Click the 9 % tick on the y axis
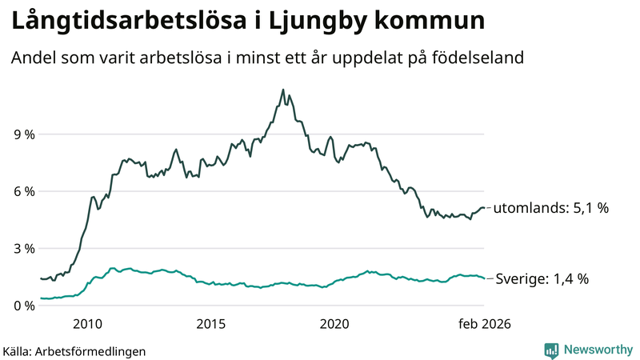(23, 134)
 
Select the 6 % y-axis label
(23, 191)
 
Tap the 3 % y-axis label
(23, 249)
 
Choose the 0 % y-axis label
(23, 306)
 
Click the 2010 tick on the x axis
(87, 324)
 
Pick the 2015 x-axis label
(211, 324)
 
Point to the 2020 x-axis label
(334, 324)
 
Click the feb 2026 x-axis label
(484, 324)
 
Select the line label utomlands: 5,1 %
(551, 208)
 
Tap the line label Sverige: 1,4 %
(541, 279)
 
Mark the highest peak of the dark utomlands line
(282, 90)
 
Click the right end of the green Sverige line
(484, 278)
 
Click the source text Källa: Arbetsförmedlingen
(74, 350)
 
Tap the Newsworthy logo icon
(551, 350)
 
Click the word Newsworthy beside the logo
(598, 350)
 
